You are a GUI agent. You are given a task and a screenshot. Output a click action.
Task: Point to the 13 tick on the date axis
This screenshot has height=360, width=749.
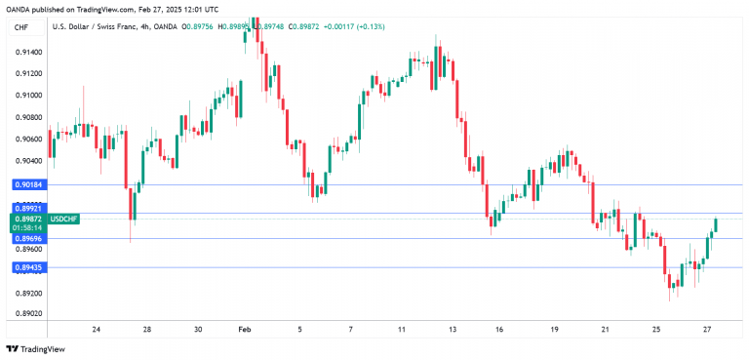coord(453,330)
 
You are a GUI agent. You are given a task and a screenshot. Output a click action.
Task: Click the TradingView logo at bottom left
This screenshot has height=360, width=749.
coord(29,348)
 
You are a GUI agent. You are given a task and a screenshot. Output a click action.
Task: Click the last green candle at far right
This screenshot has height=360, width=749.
coord(716,225)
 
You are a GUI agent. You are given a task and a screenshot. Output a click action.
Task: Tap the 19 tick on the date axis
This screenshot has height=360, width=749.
coord(555,330)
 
